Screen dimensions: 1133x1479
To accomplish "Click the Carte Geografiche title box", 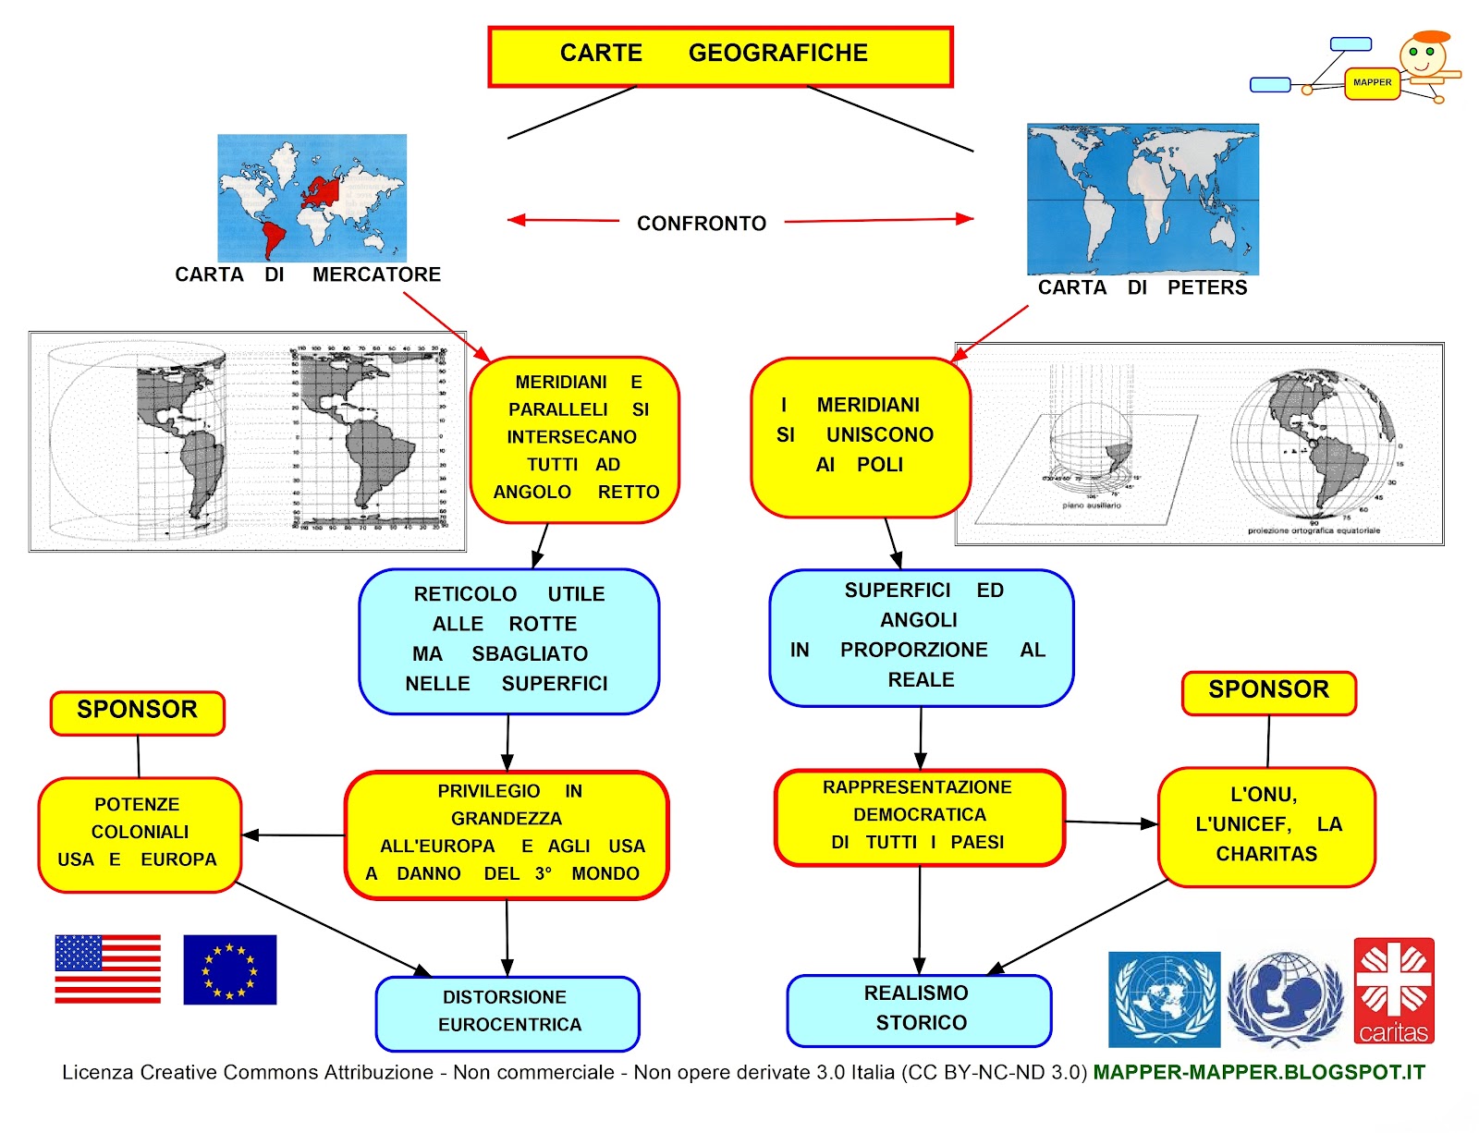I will point(720,56).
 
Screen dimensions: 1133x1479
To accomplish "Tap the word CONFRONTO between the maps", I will point(701,224).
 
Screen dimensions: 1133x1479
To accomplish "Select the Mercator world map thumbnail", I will point(312,197).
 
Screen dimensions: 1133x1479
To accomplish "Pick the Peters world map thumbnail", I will point(1143,200).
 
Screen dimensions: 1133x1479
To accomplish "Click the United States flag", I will point(107,969).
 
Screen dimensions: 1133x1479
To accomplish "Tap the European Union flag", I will point(229,969).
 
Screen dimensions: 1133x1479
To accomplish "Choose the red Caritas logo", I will point(1393,991).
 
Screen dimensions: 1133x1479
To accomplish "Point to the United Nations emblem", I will point(1164,999).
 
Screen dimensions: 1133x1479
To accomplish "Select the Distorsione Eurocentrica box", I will point(507,1013).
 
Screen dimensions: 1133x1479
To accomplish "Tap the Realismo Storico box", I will point(919,1009).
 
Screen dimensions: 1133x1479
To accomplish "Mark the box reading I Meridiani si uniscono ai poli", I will point(860,436).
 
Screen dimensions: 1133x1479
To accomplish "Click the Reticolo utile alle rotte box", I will point(508,640).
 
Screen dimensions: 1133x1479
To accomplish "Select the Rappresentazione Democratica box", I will point(919,817).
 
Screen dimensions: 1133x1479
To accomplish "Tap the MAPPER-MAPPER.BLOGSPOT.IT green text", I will point(1259,1073).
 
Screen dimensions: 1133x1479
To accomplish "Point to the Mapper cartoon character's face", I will point(1422,55).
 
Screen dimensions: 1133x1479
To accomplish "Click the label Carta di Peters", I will point(1142,287).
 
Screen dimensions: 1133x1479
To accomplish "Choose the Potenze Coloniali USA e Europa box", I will point(140,834).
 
